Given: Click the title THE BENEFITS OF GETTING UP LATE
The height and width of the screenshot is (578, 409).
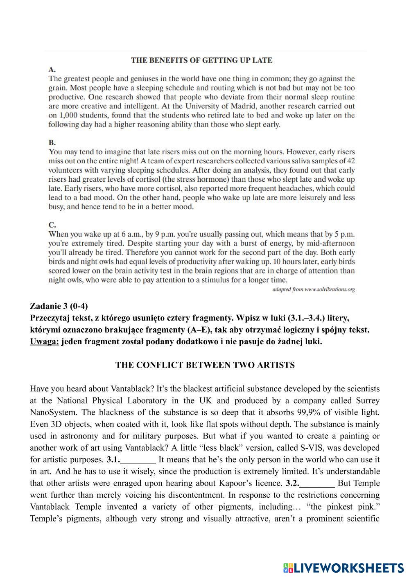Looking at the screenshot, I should coord(201,60).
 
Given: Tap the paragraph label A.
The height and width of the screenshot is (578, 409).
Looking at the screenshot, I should coord(52,69).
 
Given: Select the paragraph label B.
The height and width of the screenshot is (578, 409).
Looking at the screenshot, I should coord(52,143).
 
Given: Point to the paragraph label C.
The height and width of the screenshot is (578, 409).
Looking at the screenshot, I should coord(52,225).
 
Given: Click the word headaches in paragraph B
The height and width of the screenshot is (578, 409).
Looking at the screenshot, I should coord(294,188).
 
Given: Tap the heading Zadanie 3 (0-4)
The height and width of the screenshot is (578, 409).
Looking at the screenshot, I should coord(59,306).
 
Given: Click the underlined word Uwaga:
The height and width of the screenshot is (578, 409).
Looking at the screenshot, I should coord(45,341).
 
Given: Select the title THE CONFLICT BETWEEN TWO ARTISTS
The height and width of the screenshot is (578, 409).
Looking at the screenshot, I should coord(205,365).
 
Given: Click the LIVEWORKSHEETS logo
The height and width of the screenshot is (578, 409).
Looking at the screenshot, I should coord(343,567).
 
